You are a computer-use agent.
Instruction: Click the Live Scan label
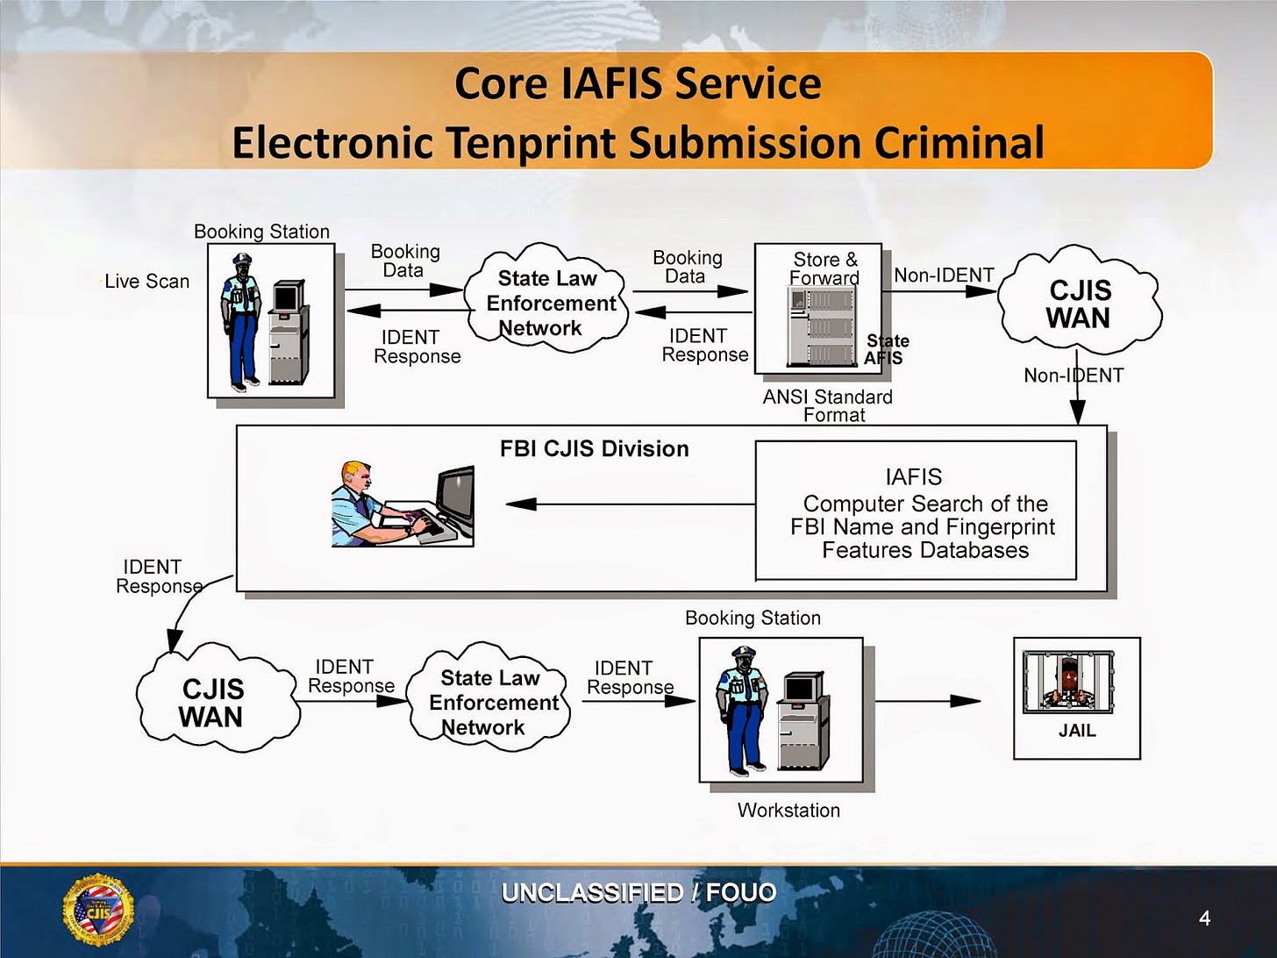click(x=147, y=282)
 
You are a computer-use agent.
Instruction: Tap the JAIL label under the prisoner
click(x=1077, y=731)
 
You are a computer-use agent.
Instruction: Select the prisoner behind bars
click(x=1068, y=683)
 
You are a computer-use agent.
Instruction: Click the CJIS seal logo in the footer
click(x=98, y=909)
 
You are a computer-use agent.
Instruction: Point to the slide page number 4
click(x=1204, y=919)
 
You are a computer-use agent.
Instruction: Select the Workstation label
click(x=788, y=811)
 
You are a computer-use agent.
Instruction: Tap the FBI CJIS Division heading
click(x=594, y=449)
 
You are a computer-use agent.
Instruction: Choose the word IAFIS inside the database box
click(x=913, y=477)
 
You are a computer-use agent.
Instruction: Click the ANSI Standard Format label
click(x=827, y=406)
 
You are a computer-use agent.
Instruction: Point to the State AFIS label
click(x=886, y=349)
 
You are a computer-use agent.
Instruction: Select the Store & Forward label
click(x=825, y=268)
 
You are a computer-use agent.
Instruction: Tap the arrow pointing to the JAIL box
click(x=928, y=702)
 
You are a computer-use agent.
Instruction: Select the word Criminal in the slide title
click(x=959, y=142)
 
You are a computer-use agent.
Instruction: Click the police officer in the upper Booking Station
click(x=240, y=322)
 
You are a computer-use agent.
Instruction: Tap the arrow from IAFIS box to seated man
click(x=631, y=504)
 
